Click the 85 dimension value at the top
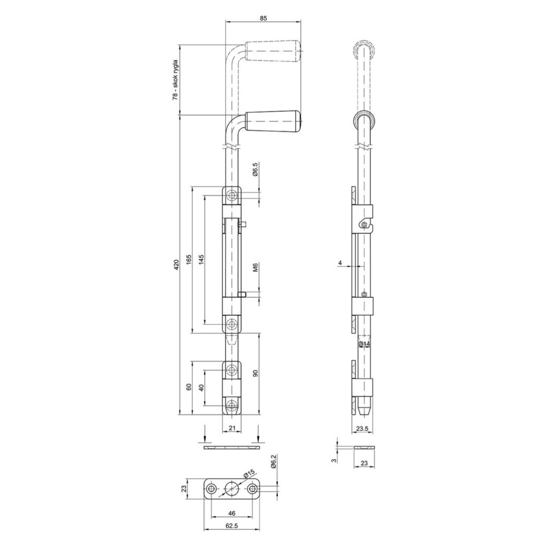pos(263,18)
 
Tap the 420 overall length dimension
pos(176,265)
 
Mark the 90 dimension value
pos(255,373)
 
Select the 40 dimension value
pos(201,388)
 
